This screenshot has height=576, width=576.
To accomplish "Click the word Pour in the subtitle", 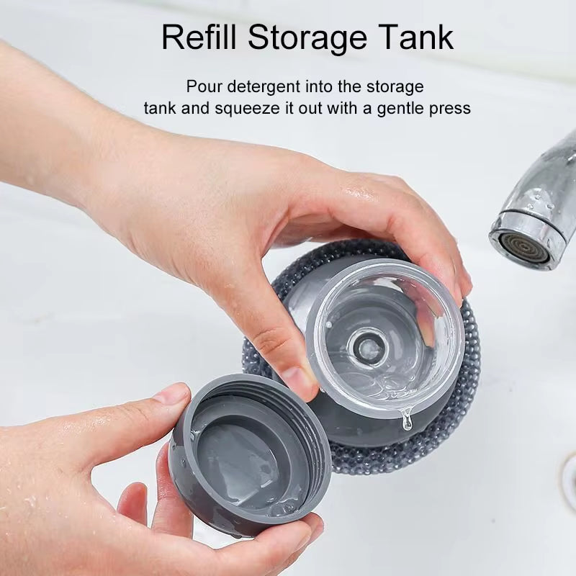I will click(x=202, y=87).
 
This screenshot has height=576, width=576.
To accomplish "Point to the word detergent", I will click(x=263, y=87).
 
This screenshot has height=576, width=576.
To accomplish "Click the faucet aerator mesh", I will click(x=516, y=247).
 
